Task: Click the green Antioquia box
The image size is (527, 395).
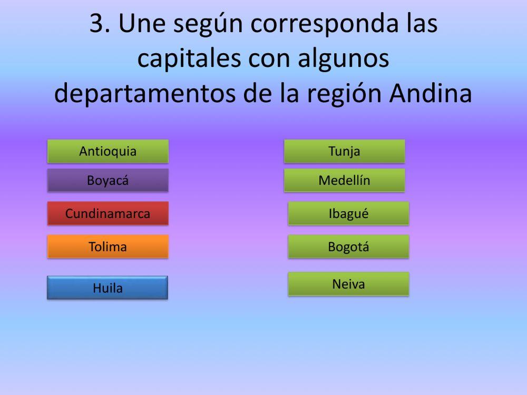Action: point(108,152)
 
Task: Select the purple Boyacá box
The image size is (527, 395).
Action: point(108,181)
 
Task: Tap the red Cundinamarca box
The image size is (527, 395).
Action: point(108,214)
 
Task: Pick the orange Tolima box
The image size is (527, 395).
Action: point(108,246)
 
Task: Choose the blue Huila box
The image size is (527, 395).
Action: point(108,288)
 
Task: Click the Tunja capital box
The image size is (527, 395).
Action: point(345,152)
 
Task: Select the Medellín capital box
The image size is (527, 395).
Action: point(345,181)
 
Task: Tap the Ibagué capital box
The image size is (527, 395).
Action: point(348,214)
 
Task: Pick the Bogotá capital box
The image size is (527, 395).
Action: point(348,246)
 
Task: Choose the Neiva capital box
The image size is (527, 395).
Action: point(348,284)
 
